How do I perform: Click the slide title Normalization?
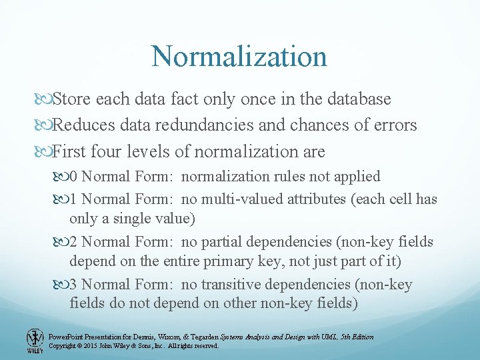[239, 56]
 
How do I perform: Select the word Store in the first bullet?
[73, 99]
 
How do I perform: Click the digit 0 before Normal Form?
[74, 177]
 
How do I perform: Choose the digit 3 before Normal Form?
[74, 285]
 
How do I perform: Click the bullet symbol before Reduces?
[45, 125]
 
